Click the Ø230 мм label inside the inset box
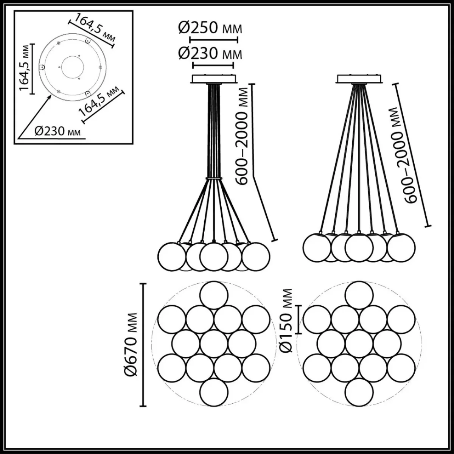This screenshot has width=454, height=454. point(58,131)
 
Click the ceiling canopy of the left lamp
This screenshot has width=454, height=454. point(214,79)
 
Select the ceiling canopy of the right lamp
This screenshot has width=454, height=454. point(359,79)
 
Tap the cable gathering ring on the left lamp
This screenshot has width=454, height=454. point(214,179)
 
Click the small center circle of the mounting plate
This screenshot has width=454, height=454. point(72,67)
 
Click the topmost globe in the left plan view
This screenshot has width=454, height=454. point(214,295)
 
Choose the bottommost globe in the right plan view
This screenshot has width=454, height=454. point(359,392)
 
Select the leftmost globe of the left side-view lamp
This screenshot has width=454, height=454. point(172,257)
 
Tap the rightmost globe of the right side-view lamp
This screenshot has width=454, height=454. point(401,247)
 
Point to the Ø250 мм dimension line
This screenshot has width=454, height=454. point(214,40)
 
